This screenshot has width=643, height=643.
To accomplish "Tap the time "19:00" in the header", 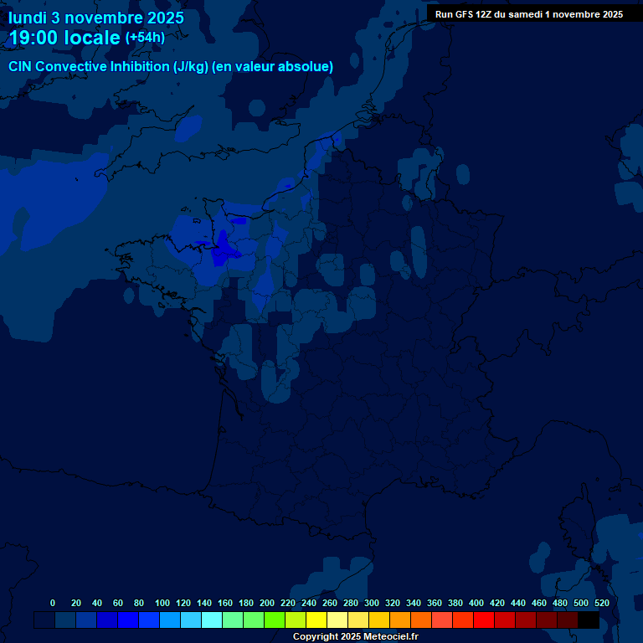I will [x=33, y=38].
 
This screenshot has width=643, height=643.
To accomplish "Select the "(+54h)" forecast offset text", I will [x=145, y=38].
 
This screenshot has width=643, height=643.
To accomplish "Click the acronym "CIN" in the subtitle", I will [x=21, y=66].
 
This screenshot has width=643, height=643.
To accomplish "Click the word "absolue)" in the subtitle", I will [x=306, y=66].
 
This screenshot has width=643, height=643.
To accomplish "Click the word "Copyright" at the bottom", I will [x=316, y=637].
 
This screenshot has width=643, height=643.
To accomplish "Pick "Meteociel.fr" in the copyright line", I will [x=391, y=637].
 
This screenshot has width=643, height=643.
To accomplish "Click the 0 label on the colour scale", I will [x=53, y=603].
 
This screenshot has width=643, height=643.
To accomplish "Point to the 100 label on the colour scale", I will [x=162, y=603].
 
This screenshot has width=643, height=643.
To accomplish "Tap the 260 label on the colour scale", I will [x=330, y=603].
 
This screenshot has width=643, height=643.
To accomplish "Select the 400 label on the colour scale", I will [x=476, y=603].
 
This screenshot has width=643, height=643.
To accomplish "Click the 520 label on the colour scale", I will [x=602, y=603].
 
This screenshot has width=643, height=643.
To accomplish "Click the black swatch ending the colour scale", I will [x=589, y=620].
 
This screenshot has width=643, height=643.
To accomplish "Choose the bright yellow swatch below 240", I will [x=316, y=620].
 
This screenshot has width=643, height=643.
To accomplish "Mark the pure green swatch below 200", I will [x=275, y=620].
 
